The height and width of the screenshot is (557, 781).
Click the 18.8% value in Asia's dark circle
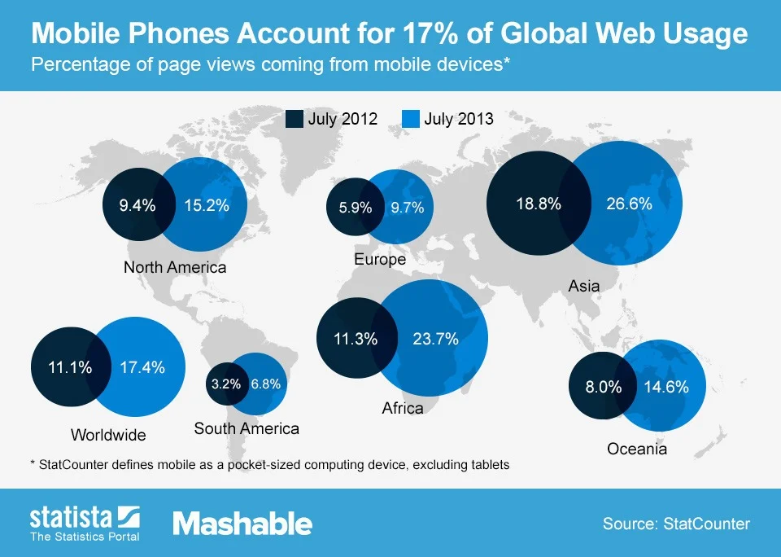[539, 204]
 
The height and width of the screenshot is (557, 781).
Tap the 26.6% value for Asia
[629, 204]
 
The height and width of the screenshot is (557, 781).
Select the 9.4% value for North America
[137, 205]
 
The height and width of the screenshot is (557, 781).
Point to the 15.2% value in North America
[207, 205]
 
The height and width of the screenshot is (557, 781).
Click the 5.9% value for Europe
[355, 208]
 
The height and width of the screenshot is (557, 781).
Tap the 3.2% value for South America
[225, 384]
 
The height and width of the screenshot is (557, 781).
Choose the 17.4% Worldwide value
[142, 367]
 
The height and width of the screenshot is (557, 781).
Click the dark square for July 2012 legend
[294, 119]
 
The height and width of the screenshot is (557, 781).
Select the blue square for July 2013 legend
[411, 119]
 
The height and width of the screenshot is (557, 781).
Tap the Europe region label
[380, 260]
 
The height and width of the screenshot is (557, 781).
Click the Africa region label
[403, 408]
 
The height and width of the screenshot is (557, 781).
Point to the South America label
[247, 428]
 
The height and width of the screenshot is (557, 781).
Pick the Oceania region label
[637, 449]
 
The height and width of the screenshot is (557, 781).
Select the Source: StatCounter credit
[676, 524]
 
